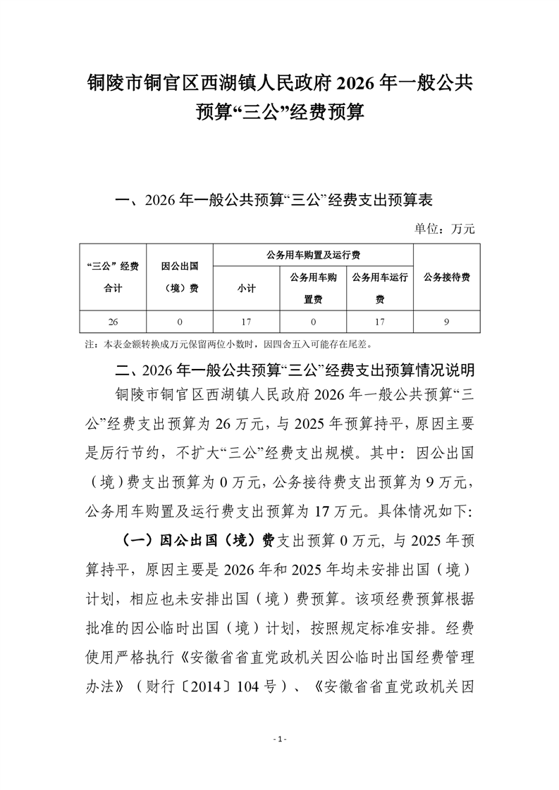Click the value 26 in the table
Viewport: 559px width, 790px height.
113,322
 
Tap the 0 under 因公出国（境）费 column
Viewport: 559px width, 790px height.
180,322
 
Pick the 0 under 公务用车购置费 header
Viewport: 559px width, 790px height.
313,322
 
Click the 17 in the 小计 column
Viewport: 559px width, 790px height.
247,322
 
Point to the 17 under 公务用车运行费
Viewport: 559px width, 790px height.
380,322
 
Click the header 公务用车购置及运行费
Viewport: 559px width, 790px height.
313,254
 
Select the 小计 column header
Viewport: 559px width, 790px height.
247,288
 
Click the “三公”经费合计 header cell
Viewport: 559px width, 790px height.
113,277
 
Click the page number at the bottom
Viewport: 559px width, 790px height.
279,739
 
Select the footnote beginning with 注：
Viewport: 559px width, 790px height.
226,345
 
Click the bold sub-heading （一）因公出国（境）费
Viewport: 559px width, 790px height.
197,541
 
